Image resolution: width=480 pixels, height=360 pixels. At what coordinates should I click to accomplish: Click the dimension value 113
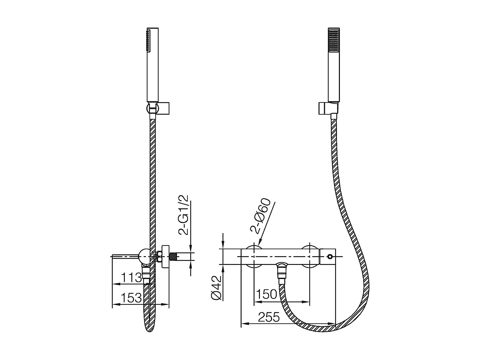click(x=132, y=277)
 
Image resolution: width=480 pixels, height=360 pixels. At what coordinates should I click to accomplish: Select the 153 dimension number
click(x=132, y=298)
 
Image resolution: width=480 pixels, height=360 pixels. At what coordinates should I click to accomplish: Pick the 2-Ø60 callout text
click(x=260, y=215)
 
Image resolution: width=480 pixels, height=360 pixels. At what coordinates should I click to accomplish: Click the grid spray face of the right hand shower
click(x=334, y=40)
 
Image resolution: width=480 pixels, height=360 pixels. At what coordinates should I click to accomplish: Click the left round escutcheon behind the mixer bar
click(x=254, y=257)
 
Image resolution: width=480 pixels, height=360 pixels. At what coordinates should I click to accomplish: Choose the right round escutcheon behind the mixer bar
click(x=310, y=257)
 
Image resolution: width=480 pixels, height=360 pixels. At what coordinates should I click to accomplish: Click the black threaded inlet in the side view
click(x=173, y=257)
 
